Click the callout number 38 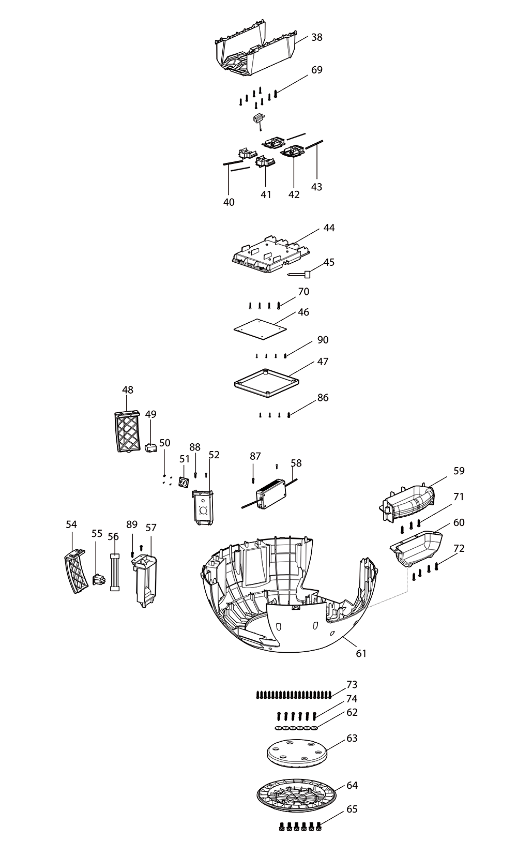(x=317, y=37)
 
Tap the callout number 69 (x=316, y=70)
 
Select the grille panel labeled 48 (x=127, y=431)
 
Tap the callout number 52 (x=214, y=455)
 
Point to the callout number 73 (x=352, y=685)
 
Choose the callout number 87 (x=255, y=456)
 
